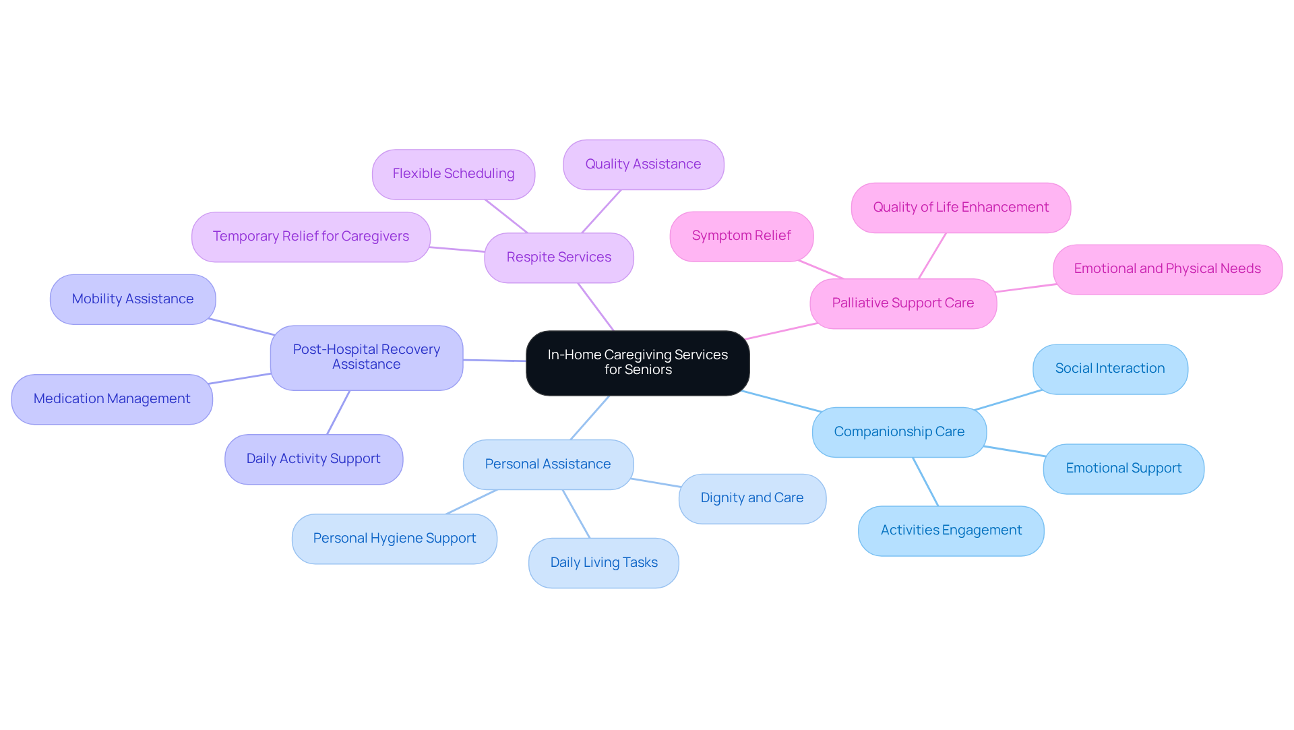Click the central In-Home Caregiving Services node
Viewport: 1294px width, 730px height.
tap(638, 363)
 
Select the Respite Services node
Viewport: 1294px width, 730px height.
tap(559, 257)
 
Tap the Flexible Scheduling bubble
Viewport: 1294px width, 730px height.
tap(454, 174)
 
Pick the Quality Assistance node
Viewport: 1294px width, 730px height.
tap(643, 164)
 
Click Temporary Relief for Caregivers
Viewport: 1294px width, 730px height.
tap(311, 237)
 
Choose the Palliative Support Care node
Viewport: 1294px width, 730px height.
tap(902, 303)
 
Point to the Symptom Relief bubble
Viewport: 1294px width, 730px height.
tap(741, 236)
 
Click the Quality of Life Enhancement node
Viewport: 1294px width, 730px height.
tap(960, 208)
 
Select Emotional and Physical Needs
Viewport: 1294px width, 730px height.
tap(1167, 269)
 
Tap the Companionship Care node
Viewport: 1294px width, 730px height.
tap(899, 432)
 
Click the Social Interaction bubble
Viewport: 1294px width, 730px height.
tap(1109, 369)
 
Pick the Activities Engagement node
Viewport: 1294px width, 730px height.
tap(950, 530)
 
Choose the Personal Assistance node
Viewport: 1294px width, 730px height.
tap(548, 464)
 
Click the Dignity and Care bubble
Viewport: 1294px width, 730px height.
tap(751, 498)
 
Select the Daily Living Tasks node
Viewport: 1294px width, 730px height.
tap(603, 563)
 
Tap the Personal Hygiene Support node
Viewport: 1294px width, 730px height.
tap(394, 539)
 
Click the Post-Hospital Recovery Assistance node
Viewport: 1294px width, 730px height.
tap(366, 357)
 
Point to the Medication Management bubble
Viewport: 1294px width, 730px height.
tap(112, 399)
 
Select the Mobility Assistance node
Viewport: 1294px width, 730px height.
tap(133, 299)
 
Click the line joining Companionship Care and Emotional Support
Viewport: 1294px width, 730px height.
tap(1015, 452)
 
